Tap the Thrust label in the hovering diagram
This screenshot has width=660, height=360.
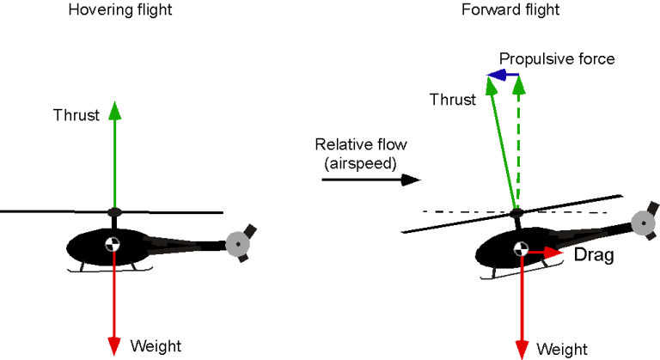pos(76,115)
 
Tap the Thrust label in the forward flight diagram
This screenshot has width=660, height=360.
pos(453,100)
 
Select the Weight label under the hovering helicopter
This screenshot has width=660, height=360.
pos(156,346)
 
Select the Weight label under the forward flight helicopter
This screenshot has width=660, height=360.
pos(562,349)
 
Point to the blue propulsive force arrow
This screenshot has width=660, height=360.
pos(504,76)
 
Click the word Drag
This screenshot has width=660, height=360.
pos(593,255)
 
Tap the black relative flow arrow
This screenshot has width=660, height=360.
pos(370,180)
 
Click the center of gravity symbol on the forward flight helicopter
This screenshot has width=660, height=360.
pos(521,250)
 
